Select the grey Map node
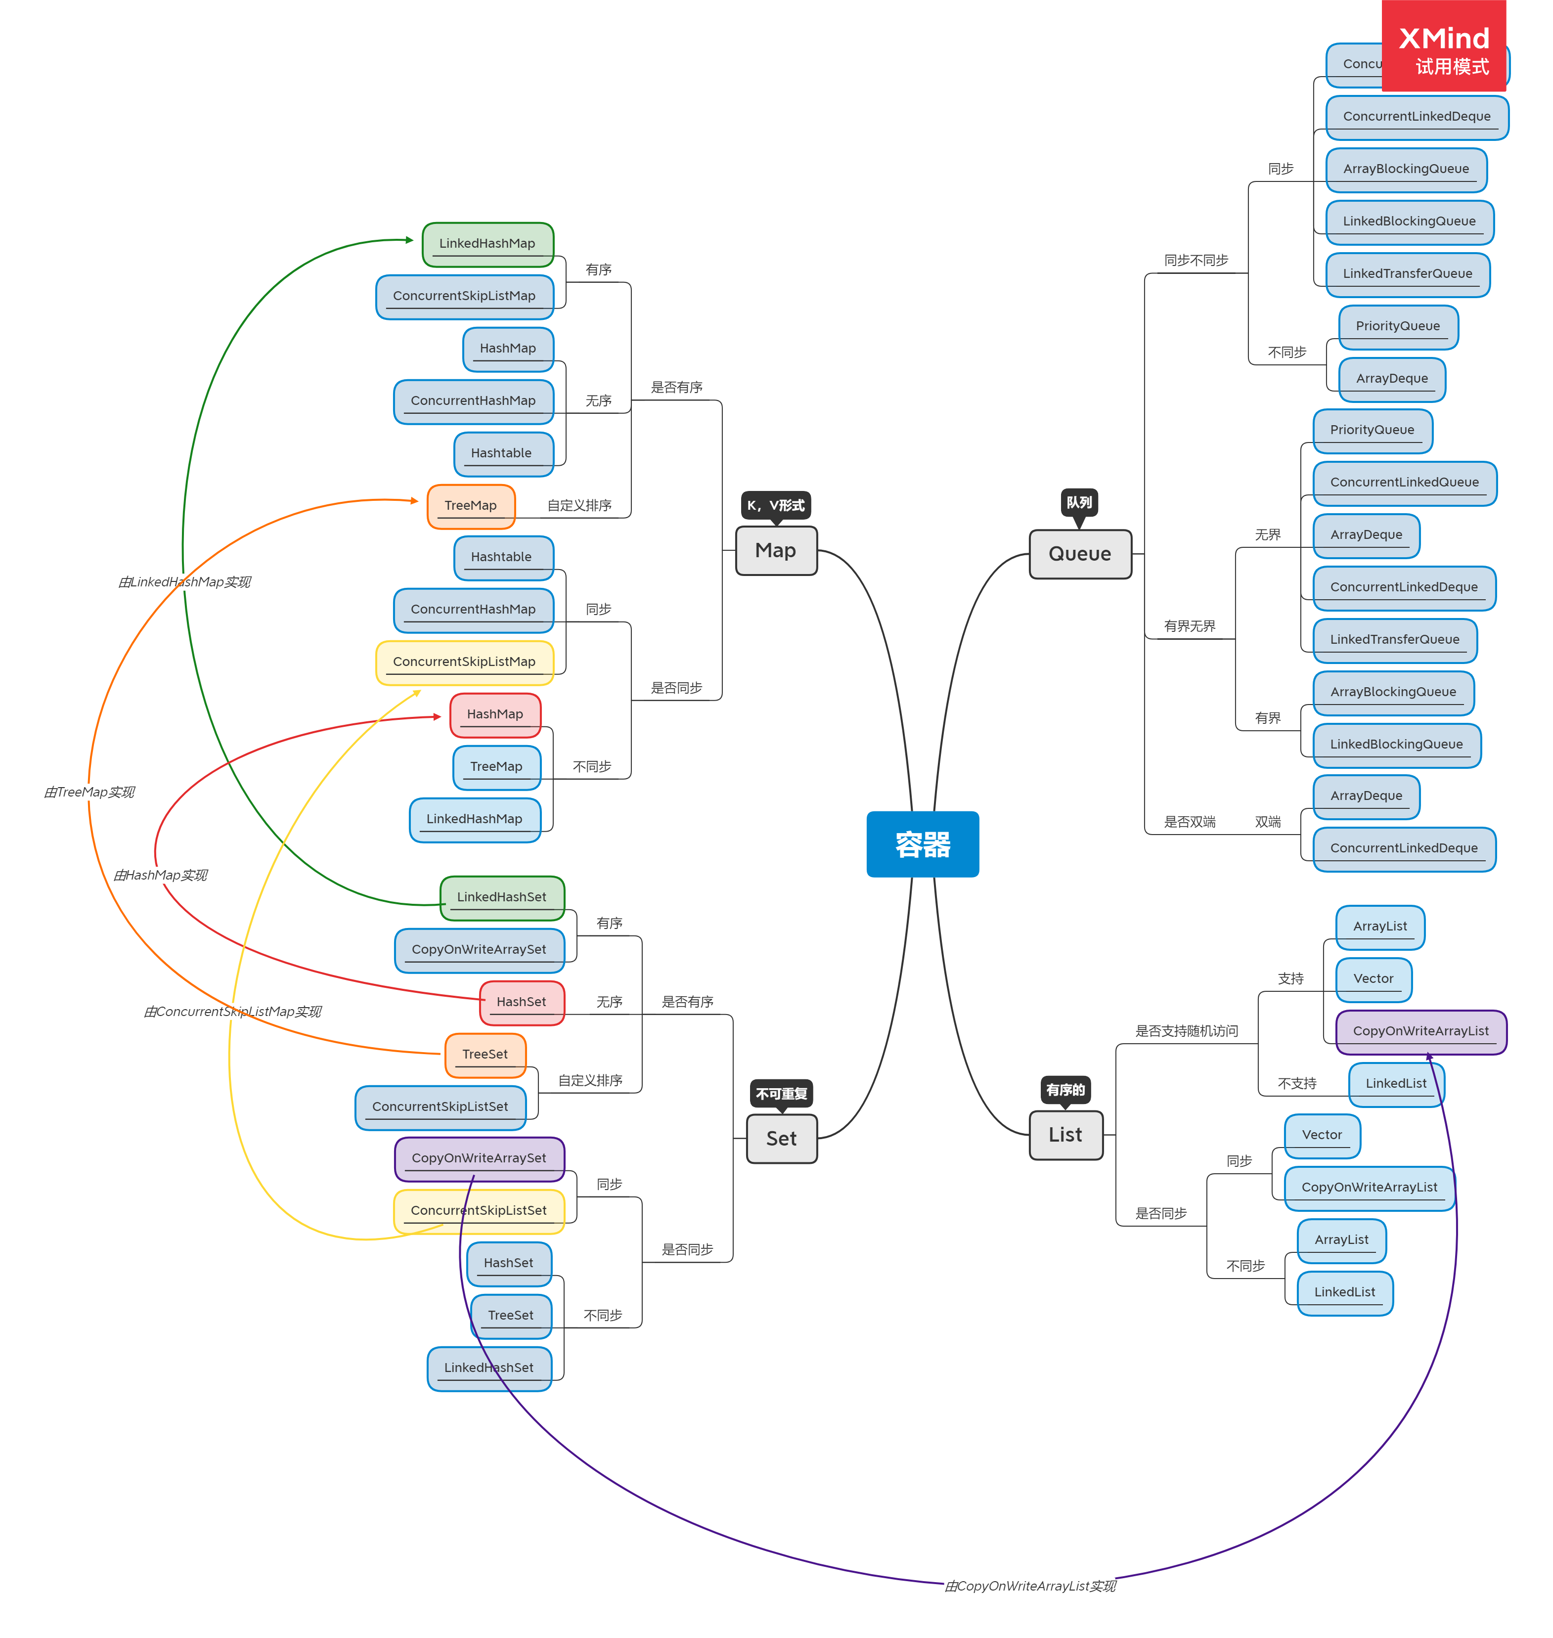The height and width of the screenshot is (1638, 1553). click(x=776, y=550)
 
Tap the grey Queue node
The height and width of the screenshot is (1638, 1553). click(x=1079, y=554)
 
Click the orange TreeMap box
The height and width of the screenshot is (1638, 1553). click(x=470, y=506)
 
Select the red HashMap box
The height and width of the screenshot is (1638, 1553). click(x=494, y=714)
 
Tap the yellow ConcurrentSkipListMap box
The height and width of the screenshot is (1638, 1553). click(x=464, y=662)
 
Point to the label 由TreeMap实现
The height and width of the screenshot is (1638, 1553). click(x=89, y=792)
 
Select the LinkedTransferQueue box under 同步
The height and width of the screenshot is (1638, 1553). click(x=1407, y=274)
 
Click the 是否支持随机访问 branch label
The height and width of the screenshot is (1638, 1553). click(x=1186, y=1030)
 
